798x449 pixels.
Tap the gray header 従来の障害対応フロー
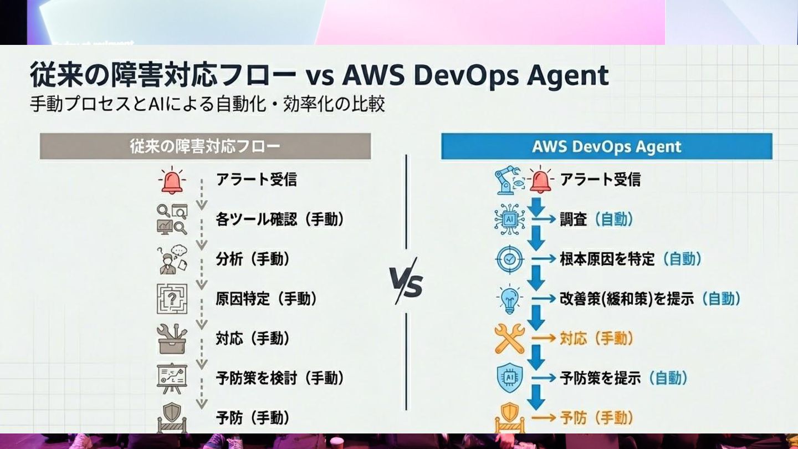(x=205, y=146)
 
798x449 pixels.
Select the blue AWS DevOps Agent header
(x=606, y=146)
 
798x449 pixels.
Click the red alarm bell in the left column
(x=172, y=180)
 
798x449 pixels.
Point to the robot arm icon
(x=507, y=181)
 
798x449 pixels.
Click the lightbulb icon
(x=509, y=300)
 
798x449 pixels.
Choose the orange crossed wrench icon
(x=509, y=339)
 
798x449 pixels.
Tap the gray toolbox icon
(x=172, y=339)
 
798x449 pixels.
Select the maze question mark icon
(x=172, y=299)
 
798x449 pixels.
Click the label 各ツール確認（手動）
(x=280, y=220)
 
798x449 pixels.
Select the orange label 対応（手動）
(x=596, y=339)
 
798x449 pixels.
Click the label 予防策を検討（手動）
(x=280, y=379)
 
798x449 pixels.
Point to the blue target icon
(x=509, y=259)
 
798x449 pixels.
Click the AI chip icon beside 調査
(x=509, y=220)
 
